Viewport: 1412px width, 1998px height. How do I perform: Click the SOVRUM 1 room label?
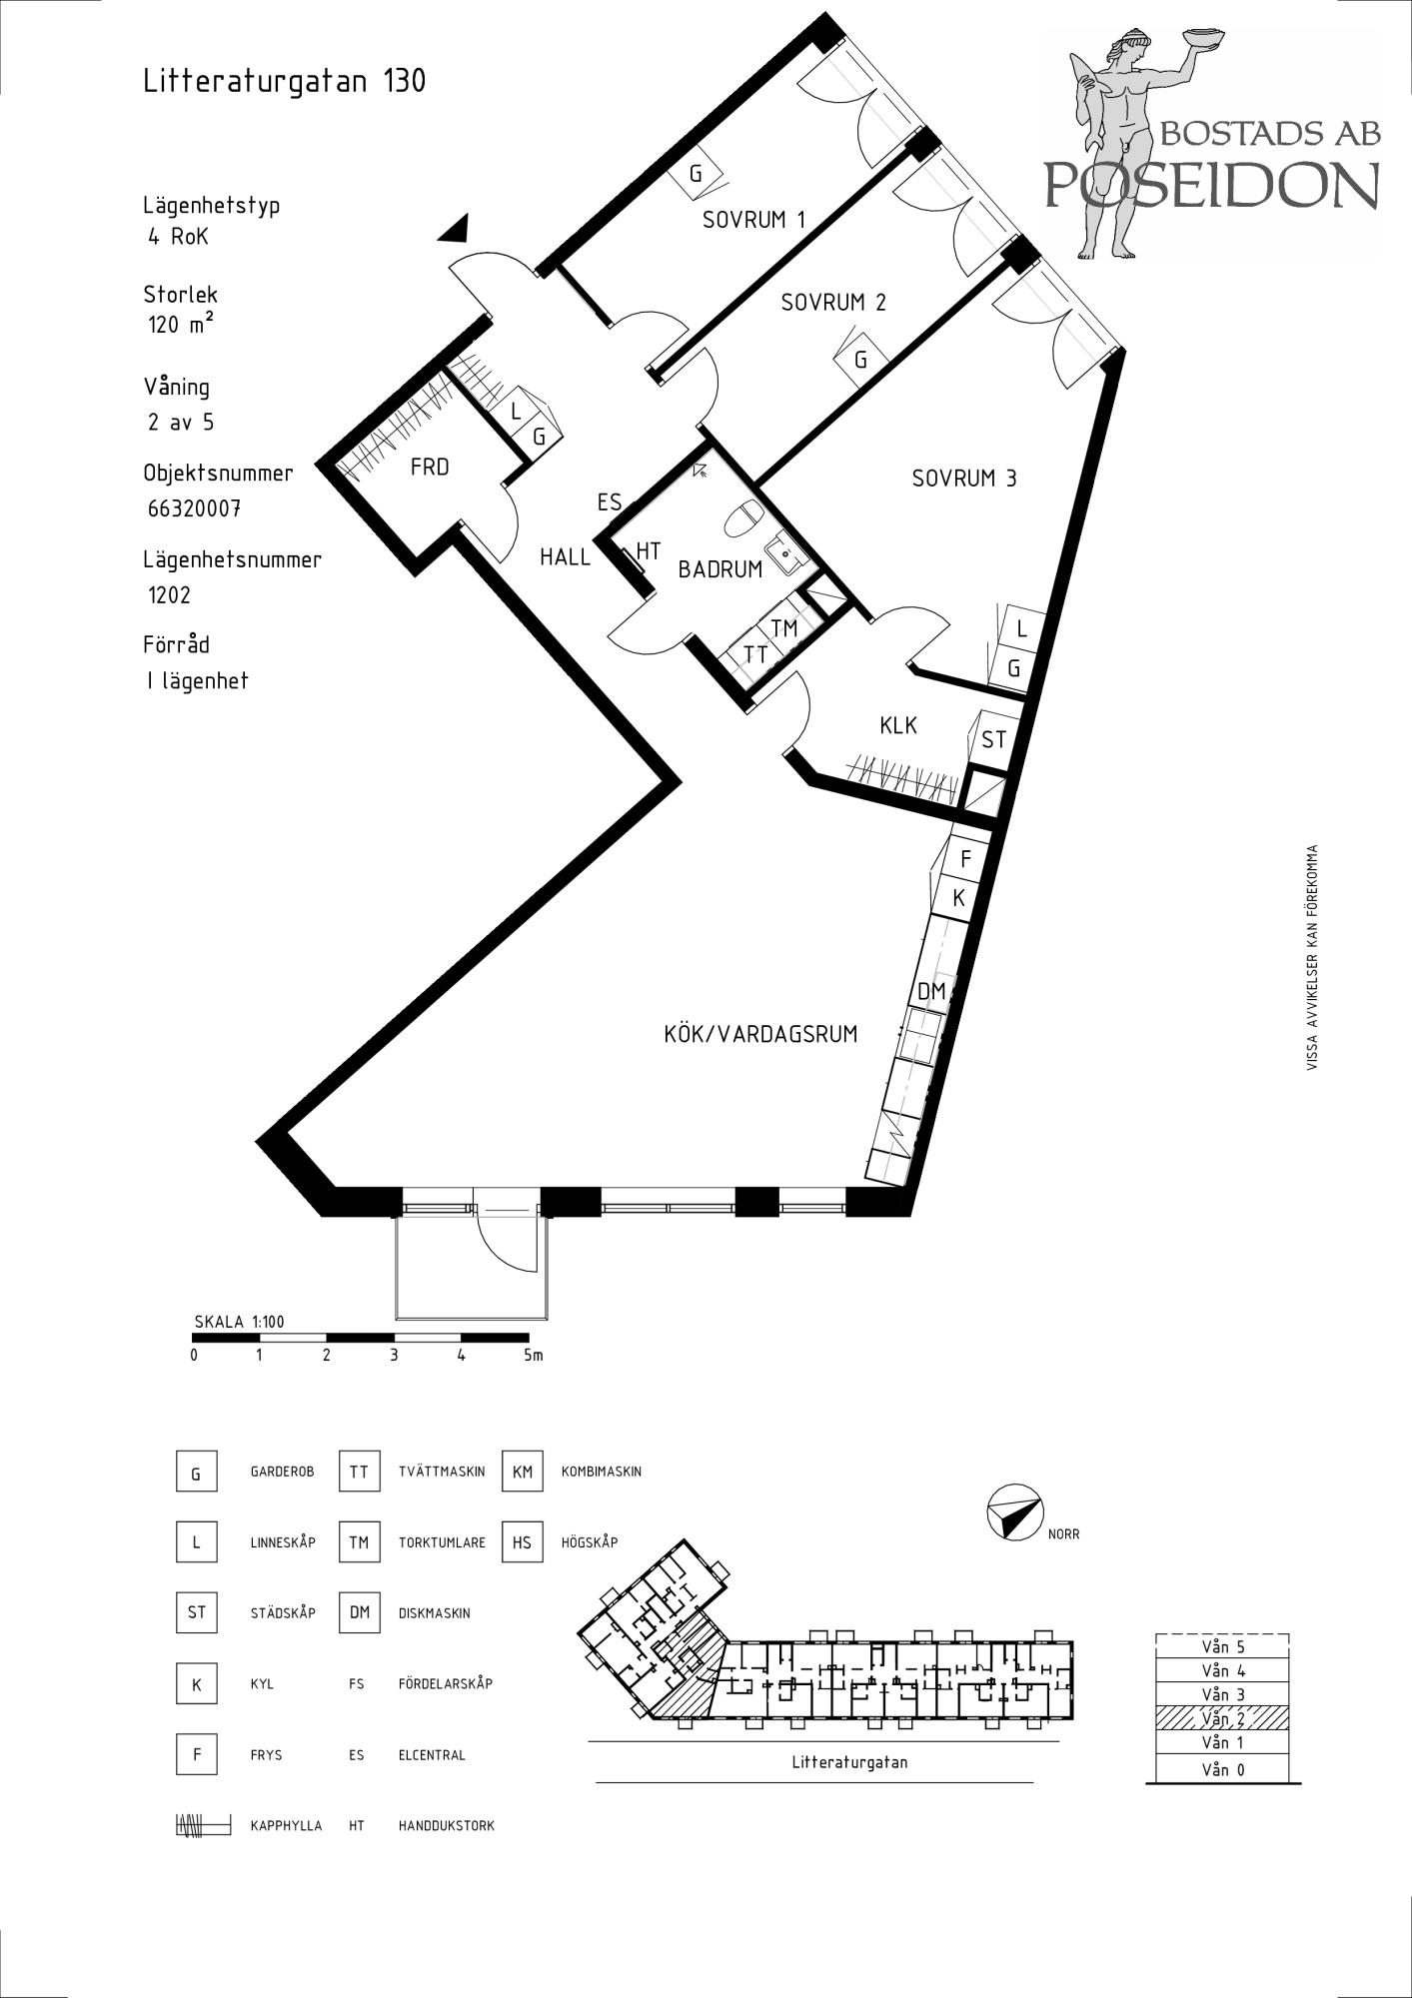753,220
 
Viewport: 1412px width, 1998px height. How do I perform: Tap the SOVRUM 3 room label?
964,479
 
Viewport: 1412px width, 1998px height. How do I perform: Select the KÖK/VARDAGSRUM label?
760,1034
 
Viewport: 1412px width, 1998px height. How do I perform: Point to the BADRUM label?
720,569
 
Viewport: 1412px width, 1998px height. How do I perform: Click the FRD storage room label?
430,467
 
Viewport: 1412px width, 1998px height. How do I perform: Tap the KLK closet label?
898,726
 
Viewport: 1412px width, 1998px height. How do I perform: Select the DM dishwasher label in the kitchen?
931,992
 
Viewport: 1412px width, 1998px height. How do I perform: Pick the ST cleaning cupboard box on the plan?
993,740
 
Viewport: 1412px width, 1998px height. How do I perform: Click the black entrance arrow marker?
455,229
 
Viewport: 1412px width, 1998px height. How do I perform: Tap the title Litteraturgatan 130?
285,81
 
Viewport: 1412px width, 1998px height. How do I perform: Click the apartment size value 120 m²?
181,325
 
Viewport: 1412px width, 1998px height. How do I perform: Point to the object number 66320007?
195,508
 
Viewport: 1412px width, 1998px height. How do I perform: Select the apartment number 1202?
169,595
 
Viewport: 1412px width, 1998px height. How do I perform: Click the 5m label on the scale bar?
534,1356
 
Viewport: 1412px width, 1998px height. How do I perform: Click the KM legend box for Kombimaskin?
523,1472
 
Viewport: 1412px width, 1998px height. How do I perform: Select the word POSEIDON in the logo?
1212,184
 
